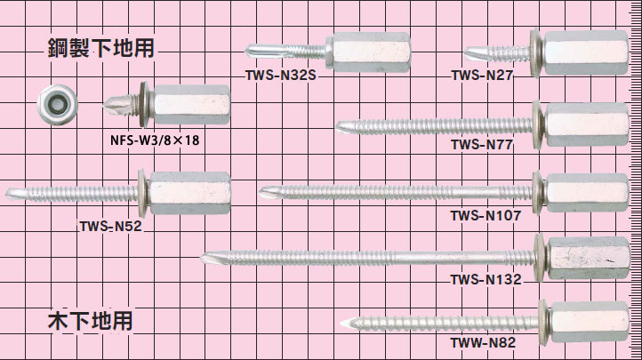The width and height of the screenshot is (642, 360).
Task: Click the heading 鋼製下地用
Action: [x=101, y=48]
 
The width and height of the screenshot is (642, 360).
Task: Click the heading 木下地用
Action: [x=90, y=320]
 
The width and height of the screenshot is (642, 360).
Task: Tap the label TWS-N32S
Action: [x=281, y=76]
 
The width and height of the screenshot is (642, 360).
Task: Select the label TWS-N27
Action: [x=481, y=76]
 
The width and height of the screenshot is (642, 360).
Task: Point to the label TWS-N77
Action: [x=481, y=144]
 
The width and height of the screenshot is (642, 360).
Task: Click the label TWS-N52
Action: [x=110, y=226]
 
